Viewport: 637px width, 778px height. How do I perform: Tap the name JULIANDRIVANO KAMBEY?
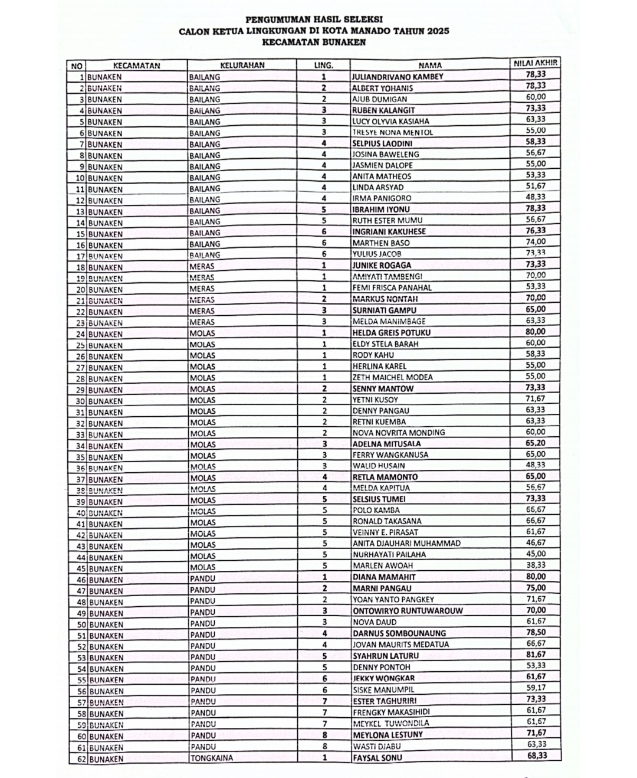397,77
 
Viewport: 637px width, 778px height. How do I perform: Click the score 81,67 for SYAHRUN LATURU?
536,654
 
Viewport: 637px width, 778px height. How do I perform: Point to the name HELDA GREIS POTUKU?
391,332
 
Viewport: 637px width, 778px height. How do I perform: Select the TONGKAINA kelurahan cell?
211,758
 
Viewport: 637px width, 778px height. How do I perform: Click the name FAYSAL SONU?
377,757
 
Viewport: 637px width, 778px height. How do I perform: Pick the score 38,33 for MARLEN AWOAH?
536,565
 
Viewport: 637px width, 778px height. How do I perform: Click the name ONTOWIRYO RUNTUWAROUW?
408,611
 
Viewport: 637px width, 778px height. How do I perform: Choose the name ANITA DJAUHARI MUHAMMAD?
406,543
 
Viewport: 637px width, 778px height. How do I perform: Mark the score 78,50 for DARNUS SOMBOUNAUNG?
536,632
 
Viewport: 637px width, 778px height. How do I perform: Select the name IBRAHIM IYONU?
380,210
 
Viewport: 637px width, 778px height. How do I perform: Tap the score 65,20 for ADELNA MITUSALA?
536,443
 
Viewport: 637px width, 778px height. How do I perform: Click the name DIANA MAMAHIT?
383,577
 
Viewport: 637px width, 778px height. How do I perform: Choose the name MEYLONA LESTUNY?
388,735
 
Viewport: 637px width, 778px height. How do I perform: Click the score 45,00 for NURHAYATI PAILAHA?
536,554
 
